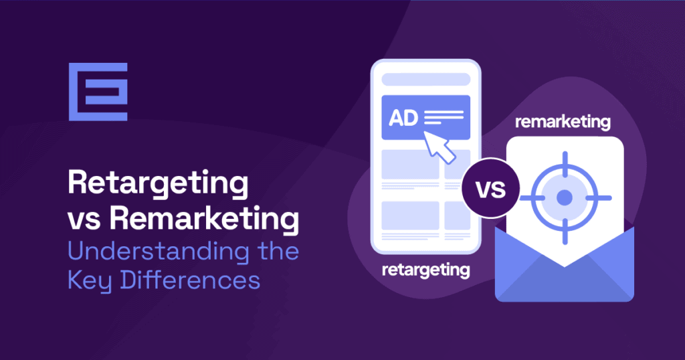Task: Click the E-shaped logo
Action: (98, 92)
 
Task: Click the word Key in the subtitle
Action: (88, 280)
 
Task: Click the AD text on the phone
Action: (403, 118)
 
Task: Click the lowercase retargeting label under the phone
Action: (425, 270)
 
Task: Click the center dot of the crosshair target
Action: (565, 197)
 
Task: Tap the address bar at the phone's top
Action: (426, 79)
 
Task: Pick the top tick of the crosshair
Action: (565, 161)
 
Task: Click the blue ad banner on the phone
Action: (426, 118)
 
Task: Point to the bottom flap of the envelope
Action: (564, 281)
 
